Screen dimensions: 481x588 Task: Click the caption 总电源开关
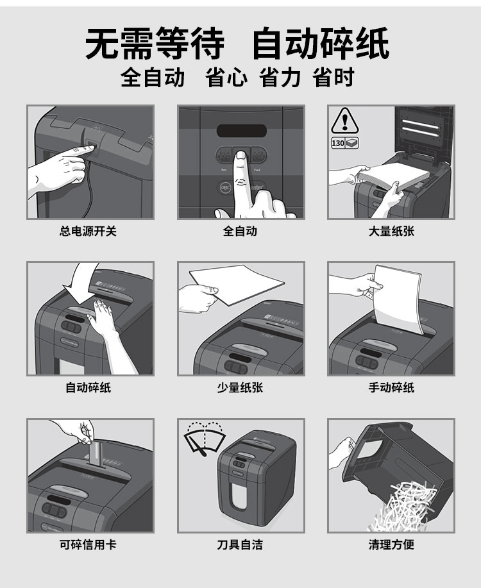tap(88, 231)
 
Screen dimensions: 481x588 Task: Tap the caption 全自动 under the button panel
tap(240, 231)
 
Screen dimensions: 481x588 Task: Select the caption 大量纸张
tap(391, 231)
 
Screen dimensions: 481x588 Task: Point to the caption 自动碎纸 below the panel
tap(88, 387)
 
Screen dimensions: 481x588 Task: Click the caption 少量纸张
tap(240, 387)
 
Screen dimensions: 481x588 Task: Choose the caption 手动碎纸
tap(391, 387)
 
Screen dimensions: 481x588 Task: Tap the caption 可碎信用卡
tap(88, 544)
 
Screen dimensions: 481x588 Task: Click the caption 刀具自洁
tap(240, 544)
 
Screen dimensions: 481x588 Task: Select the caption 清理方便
tap(391, 544)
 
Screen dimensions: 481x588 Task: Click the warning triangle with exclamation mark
tap(345, 121)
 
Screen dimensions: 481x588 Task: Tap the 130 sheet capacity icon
tap(345, 143)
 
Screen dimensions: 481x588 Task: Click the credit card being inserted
tap(96, 454)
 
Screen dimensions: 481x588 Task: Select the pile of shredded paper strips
tap(405, 507)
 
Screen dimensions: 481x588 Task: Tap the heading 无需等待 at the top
tap(155, 43)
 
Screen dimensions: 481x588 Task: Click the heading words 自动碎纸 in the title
tap(321, 43)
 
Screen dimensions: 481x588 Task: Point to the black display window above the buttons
tap(242, 131)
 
